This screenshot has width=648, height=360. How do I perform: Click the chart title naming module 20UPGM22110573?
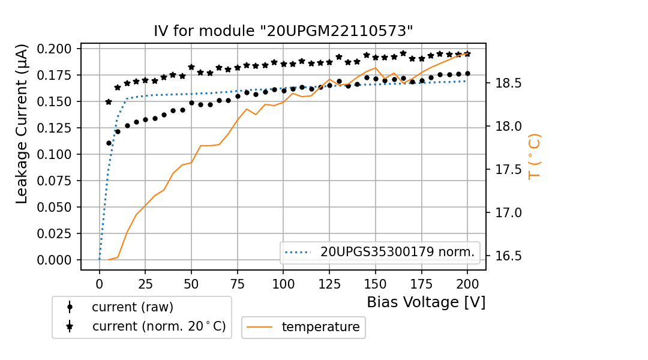coord(283,31)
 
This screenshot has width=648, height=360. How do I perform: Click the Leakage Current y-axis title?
coord(22,124)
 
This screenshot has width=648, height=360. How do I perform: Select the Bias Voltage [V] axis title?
coord(426,302)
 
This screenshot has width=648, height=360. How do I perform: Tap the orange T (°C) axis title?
coord(534,157)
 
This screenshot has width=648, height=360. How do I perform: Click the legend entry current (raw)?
coord(132,307)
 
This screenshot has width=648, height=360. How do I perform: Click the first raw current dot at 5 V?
coord(109,143)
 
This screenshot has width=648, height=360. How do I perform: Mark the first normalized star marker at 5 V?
coord(109,102)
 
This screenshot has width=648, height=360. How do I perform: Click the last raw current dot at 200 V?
coord(467,74)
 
